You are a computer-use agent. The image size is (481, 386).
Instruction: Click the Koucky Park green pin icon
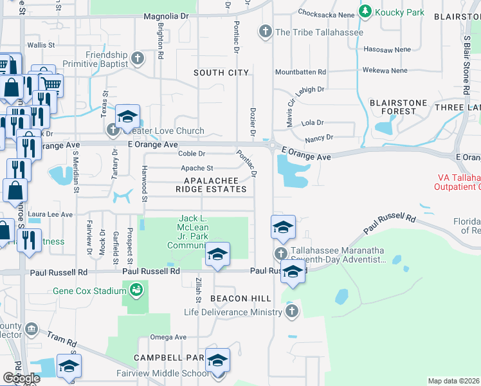click(x=366, y=11)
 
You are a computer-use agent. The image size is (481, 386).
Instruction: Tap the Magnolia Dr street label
click(x=169, y=15)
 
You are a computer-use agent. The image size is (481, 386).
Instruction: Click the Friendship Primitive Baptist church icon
click(x=136, y=59)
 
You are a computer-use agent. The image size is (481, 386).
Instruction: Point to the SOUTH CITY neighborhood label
click(x=221, y=73)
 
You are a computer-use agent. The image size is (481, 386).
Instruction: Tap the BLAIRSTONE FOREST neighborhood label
click(x=393, y=106)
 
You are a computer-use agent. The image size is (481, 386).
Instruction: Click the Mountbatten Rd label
click(x=300, y=72)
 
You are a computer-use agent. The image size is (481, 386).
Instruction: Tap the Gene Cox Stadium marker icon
click(x=136, y=291)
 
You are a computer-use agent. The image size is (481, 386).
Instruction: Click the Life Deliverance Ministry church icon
click(x=291, y=312)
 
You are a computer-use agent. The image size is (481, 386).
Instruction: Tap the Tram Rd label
click(x=62, y=339)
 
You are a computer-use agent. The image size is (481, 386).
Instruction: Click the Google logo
click(x=21, y=378)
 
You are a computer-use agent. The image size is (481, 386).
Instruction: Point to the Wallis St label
click(x=40, y=45)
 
